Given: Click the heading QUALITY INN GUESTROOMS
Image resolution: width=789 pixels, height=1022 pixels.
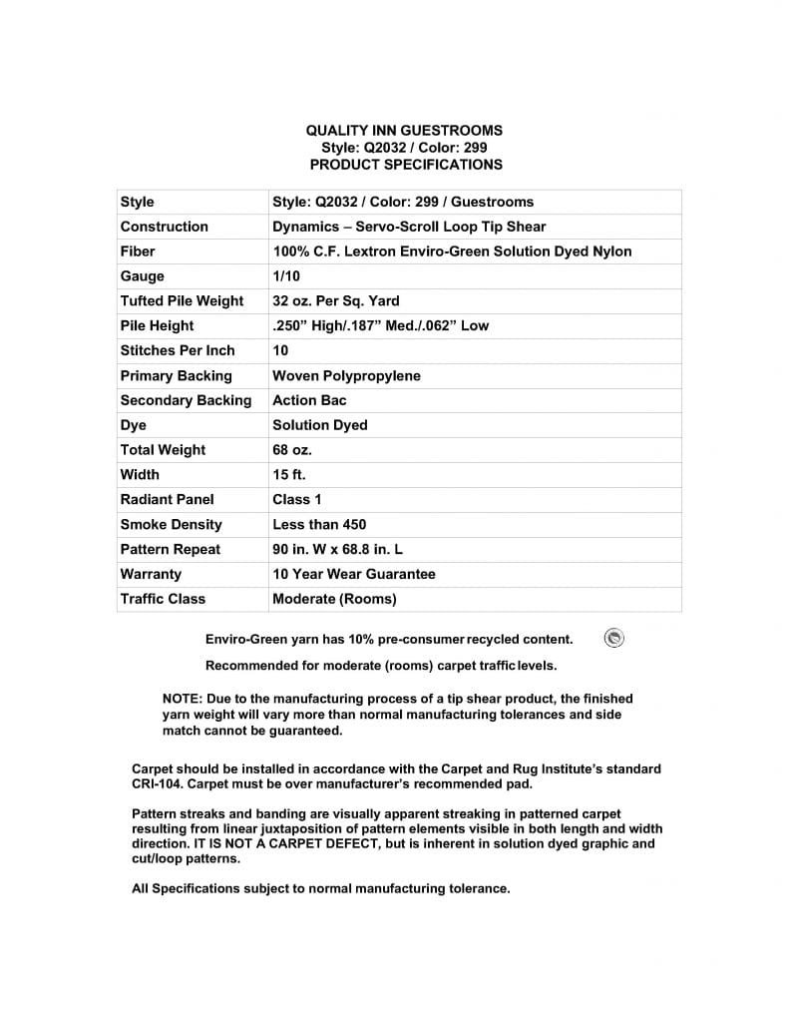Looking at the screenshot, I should pos(403,130).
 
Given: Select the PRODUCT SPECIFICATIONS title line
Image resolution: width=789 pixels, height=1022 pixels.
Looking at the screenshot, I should pos(403,164).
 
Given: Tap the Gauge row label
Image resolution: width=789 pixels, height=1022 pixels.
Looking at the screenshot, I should pos(143,276).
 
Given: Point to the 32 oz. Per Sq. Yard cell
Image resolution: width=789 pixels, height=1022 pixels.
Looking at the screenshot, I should pos(335,301).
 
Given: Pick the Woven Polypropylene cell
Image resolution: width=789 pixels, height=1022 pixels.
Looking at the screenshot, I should pos(346,376).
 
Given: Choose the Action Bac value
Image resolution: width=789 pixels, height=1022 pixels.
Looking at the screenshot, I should pos(309,400).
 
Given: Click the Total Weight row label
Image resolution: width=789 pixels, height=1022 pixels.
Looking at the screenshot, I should pos(163,450).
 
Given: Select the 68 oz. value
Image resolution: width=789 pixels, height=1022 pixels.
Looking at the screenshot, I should pos(292,450).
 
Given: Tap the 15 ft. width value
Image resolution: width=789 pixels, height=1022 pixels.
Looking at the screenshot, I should pos(289,475).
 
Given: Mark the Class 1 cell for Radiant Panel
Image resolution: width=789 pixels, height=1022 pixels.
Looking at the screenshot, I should pos(297,499).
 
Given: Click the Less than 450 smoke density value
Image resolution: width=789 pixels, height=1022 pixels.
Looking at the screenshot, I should pos(319,524).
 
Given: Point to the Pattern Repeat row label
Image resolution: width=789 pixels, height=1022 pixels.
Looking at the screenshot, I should pos(171,549).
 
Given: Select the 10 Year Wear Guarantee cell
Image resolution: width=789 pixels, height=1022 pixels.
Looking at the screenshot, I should pos(354,574).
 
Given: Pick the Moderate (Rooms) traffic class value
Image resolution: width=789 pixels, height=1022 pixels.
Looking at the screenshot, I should pos(334,599).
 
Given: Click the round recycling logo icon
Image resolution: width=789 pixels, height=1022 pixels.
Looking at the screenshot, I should pos(614,639).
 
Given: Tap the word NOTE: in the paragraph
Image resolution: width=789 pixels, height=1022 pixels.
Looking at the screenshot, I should pos(184,699).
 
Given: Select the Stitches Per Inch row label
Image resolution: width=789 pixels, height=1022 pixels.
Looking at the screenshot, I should pos(178,350).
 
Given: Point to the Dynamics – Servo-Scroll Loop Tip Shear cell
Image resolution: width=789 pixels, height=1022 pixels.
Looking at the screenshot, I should pos(409,227).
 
